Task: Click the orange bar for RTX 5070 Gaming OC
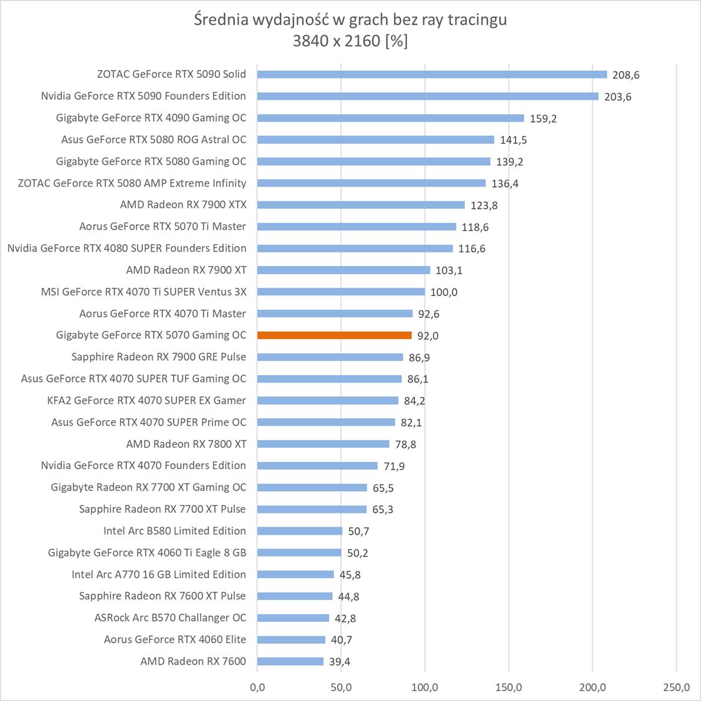click(x=335, y=335)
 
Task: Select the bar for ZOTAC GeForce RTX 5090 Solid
click(x=432, y=74)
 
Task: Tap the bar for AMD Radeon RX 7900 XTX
click(x=361, y=205)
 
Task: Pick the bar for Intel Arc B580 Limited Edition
click(x=300, y=531)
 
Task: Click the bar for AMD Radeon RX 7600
click(x=290, y=661)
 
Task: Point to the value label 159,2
click(x=543, y=118)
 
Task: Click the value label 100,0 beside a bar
click(x=444, y=292)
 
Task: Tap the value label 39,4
click(x=340, y=662)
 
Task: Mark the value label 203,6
click(x=618, y=97)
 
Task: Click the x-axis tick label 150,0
click(x=508, y=688)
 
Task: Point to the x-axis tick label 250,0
click(x=676, y=688)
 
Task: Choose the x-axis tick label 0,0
click(x=257, y=688)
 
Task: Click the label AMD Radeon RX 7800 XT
click(x=186, y=444)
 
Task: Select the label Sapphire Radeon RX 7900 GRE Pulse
click(x=159, y=357)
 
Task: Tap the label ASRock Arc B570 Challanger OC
click(x=170, y=618)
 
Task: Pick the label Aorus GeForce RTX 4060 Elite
click(x=175, y=639)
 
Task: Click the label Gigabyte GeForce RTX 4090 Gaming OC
click(x=151, y=118)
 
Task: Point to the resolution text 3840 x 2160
click(x=337, y=42)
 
